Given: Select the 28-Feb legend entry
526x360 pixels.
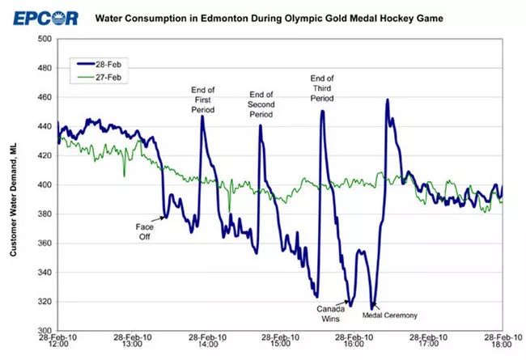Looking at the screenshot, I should [x=108, y=61].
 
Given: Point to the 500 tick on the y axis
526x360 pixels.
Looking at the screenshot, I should [x=44, y=39].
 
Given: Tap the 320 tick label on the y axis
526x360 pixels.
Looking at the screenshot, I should [x=44, y=302].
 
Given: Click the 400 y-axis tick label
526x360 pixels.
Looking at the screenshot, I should [x=44, y=185].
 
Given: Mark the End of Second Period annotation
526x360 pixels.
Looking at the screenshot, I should [x=261, y=104].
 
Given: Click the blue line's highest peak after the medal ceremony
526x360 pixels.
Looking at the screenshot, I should [x=388, y=100].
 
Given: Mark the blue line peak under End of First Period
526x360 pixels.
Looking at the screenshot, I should [x=201, y=116].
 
